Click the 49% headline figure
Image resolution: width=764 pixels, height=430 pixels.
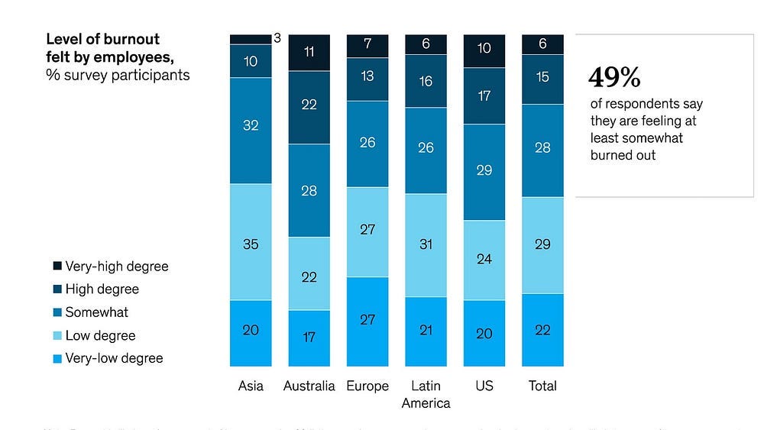pyautogui.click(x=614, y=77)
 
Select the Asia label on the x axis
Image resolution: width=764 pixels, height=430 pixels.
pyautogui.click(x=251, y=386)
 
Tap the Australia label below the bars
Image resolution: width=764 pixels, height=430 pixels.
pyautogui.click(x=309, y=386)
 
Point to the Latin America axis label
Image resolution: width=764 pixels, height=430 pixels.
pyautogui.click(x=426, y=394)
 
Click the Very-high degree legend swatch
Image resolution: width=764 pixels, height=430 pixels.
pyautogui.click(x=57, y=267)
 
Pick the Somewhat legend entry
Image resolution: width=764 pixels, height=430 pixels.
pyautogui.click(x=96, y=312)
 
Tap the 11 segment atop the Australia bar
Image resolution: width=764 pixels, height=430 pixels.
pyautogui.click(x=309, y=53)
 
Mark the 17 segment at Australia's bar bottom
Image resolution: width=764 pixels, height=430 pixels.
pyautogui.click(x=309, y=338)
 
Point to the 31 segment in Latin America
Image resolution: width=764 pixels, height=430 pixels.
pyautogui.click(x=426, y=244)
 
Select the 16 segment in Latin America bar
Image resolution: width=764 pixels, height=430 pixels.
pyautogui.click(x=426, y=80)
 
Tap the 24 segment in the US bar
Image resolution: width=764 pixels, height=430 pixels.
pyautogui.click(x=484, y=260)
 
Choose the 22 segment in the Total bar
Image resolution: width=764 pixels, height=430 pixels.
pyautogui.click(x=542, y=330)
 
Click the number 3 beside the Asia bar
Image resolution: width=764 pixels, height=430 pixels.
pyautogui.click(x=277, y=37)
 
